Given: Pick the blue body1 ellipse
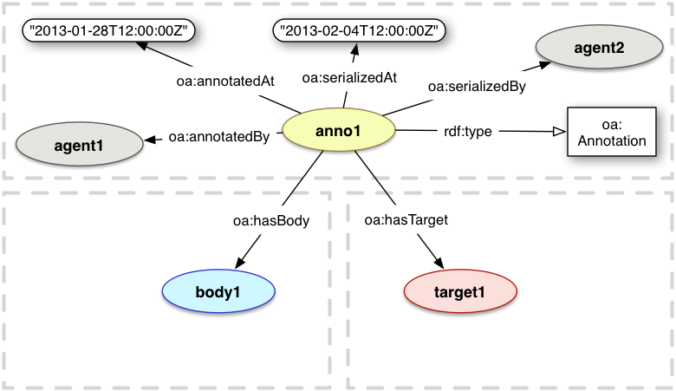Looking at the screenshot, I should (218, 291).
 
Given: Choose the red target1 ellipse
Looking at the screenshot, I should (459, 291).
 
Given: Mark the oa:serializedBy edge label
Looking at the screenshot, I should (476, 85).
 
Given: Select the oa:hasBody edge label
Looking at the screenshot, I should (271, 220).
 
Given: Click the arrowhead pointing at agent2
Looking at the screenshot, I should (545, 63).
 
